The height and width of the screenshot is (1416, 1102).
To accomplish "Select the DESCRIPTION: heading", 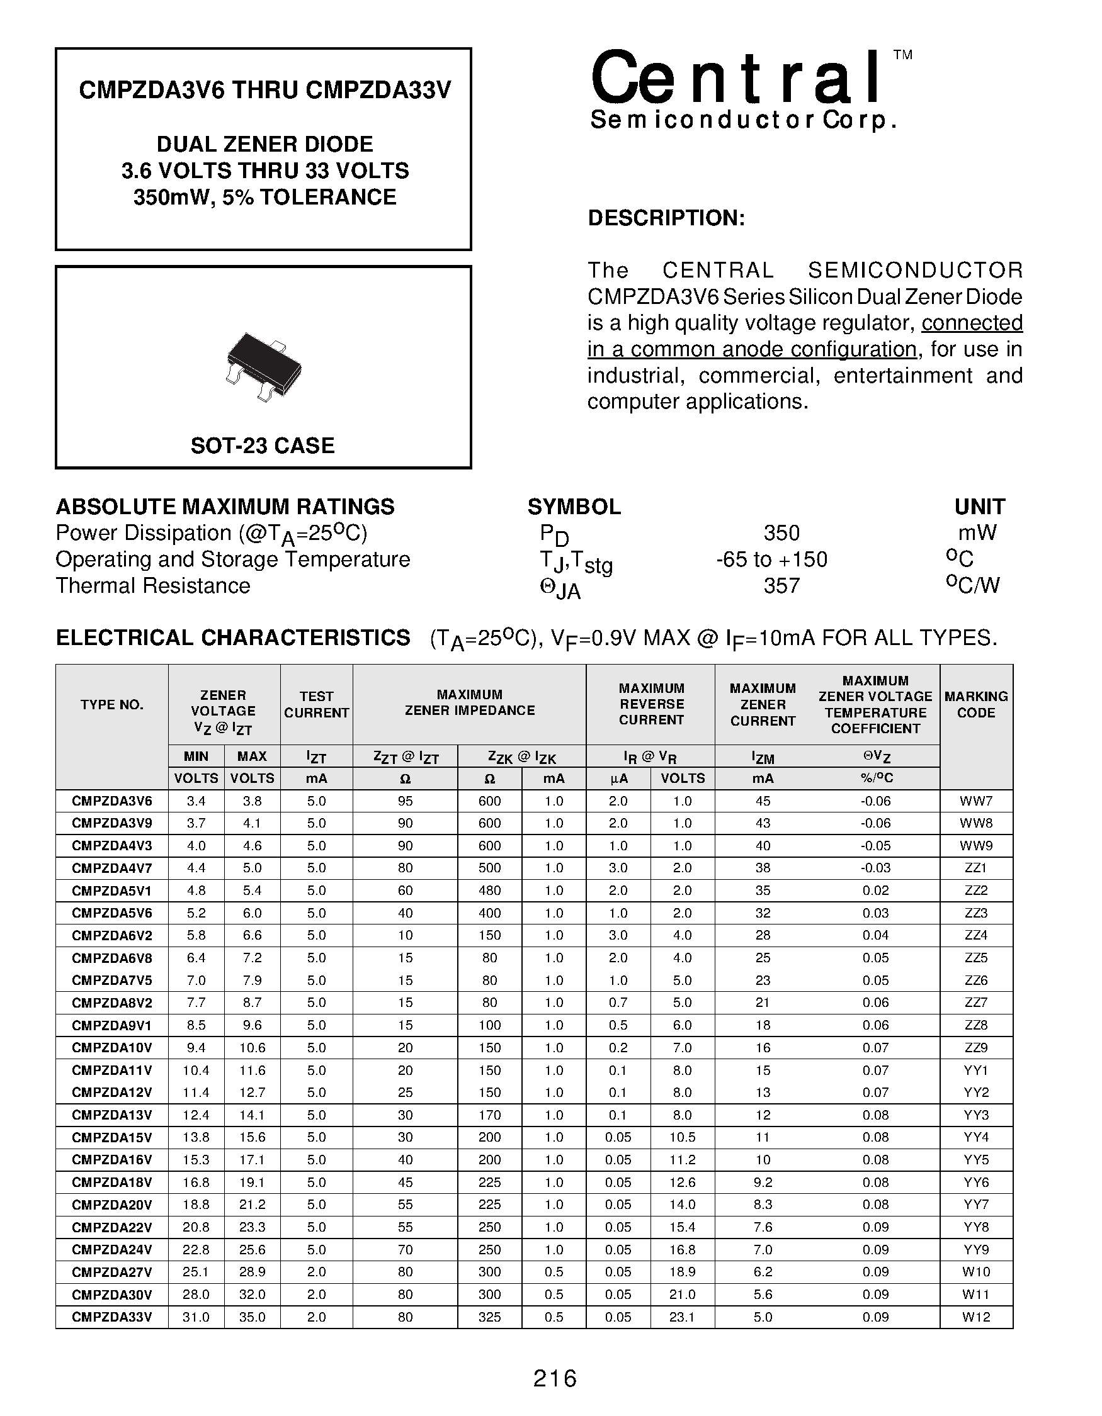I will tap(666, 218).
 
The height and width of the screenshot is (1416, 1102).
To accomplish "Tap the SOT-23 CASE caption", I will tap(263, 446).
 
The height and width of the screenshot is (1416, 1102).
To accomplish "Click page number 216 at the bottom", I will tap(555, 1378).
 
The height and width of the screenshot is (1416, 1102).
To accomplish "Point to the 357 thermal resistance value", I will tap(781, 586).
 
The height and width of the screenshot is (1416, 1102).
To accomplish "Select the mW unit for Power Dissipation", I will tap(977, 533).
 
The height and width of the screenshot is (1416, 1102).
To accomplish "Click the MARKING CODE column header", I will tap(975, 705).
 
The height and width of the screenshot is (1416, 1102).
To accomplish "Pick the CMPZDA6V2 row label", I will tap(111, 935).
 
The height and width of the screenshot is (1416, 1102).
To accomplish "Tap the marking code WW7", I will tap(975, 801).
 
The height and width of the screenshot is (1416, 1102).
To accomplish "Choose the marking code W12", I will tap(975, 1317).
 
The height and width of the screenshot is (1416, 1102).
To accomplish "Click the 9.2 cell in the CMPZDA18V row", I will tap(763, 1183).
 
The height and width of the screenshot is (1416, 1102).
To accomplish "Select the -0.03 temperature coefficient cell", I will tap(875, 867).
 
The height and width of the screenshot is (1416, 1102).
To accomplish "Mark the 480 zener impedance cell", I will tap(490, 890).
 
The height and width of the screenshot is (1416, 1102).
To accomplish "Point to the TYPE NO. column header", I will tap(111, 705).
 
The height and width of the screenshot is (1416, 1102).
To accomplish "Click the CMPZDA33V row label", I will tap(111, 1317).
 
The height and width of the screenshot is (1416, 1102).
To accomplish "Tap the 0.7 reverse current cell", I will tap(618, 1003).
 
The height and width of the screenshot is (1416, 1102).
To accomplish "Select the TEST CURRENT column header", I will tap(317, 705).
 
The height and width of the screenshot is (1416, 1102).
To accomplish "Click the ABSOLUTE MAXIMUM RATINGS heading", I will tap(225, 507).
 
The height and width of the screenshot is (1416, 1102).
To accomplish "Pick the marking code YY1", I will tap(975, 1070).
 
